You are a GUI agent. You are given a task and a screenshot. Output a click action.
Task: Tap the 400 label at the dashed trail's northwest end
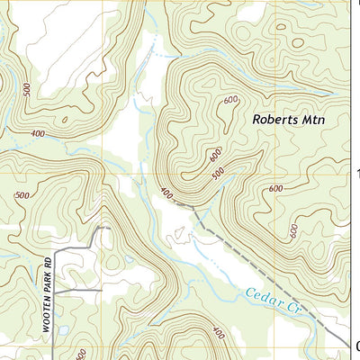coord(166,193)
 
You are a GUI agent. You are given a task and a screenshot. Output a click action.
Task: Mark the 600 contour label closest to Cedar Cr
coord(293,230)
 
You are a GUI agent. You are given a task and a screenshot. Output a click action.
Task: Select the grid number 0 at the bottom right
coord(356,345)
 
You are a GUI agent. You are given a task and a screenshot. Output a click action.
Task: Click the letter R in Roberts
coord(256,119)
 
